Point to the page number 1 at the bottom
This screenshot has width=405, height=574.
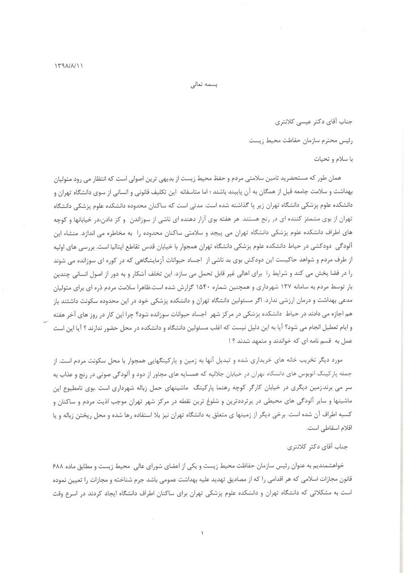click(x=202, y=533)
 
